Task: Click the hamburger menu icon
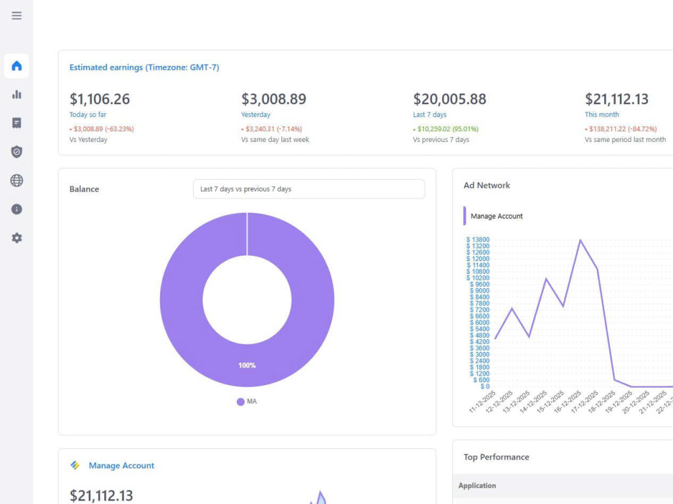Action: point(17,16)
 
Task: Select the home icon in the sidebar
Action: point(17,66)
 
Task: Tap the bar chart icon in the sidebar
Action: point(17,94)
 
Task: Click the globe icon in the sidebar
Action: point(17,181)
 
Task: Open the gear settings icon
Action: point(17,238)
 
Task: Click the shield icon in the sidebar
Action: point(17,151)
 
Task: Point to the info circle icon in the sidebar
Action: point(17,209)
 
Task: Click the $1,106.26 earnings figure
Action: point(100,99)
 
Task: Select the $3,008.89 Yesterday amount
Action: point(274,99)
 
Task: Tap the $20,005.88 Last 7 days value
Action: point(450,99)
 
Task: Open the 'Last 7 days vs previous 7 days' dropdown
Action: point(309,189)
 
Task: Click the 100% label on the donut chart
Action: point(247,365)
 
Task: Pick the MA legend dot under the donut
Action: point(240,402)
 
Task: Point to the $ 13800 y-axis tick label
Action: point(478,240)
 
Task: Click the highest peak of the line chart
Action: point(580,240)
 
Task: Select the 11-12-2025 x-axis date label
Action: point(483,402)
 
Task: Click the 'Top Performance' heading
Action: point(496,457)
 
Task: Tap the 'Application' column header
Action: point(477,486)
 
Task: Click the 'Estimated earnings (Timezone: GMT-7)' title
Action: point(144,67)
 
